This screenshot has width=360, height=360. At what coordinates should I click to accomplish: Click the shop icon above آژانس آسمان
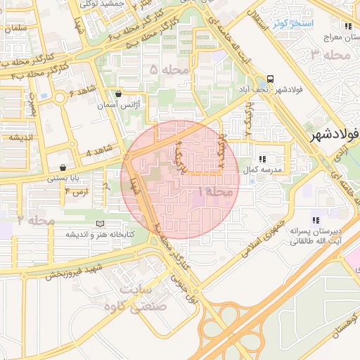117,94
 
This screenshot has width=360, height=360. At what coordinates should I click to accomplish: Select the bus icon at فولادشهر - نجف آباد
271,79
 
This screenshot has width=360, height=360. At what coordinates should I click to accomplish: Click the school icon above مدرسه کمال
262,160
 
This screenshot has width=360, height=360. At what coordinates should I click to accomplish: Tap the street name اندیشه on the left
22,136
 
